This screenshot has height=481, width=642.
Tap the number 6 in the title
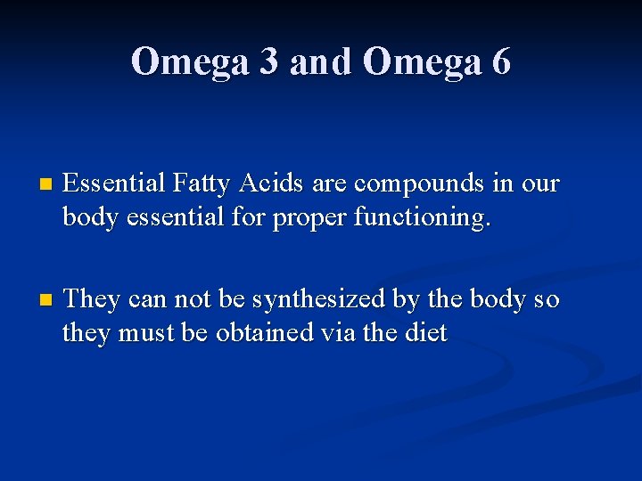click(500, 61)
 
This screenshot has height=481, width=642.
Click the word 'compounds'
click(420, 184)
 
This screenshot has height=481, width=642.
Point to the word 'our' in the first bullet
click(540, 184)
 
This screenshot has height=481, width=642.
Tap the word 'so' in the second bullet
click(546, 299)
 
